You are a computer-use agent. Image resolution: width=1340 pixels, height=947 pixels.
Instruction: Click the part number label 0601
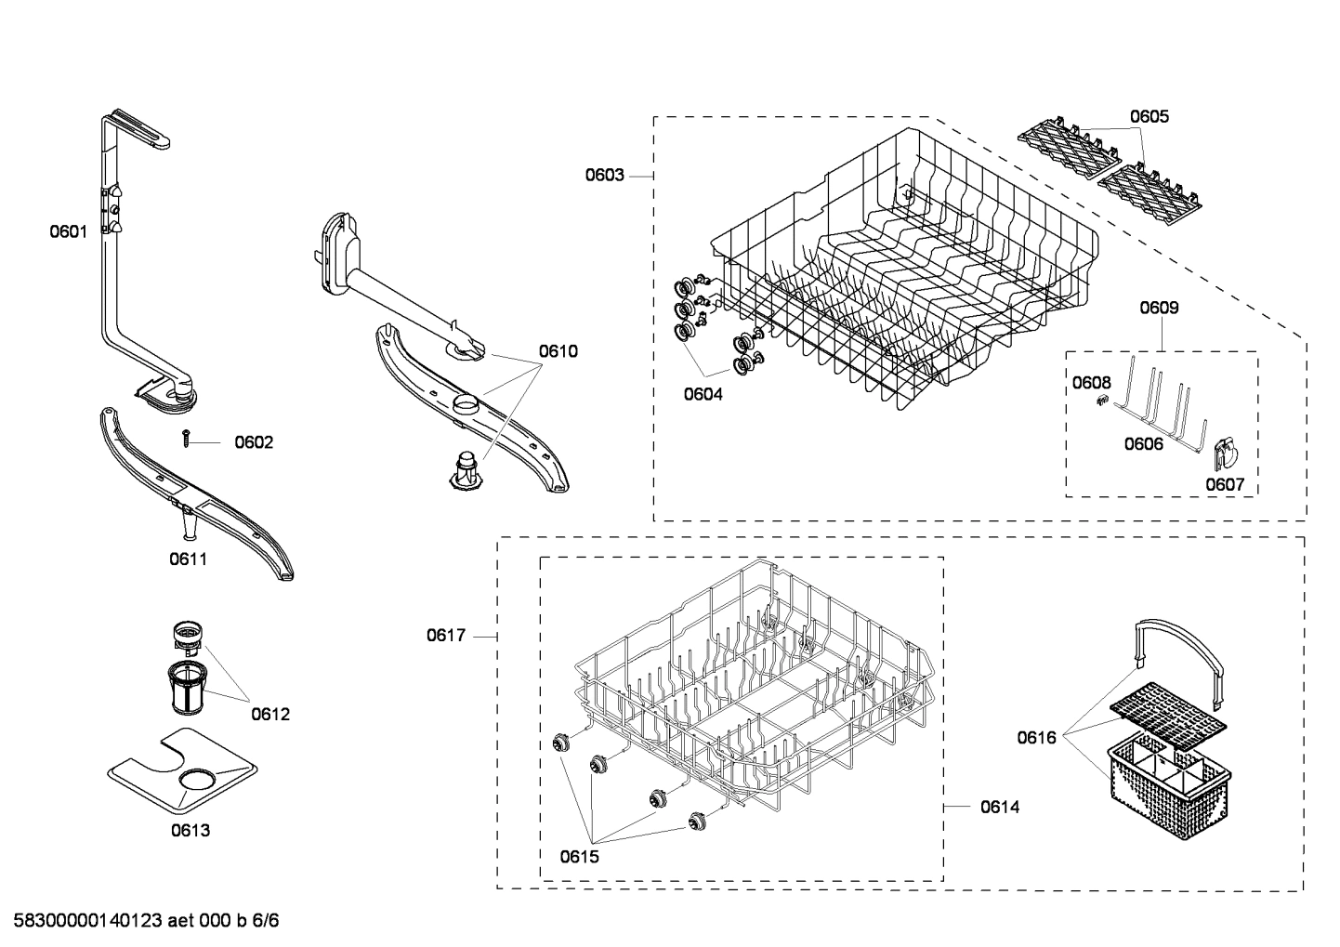pyautogui.click(x=68, y=231)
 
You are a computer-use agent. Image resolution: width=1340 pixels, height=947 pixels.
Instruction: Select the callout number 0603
pyautogui.click(x=604, y=175)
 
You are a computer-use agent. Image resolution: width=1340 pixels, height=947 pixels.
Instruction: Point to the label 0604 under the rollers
pyautogui.click(x=703, y=394)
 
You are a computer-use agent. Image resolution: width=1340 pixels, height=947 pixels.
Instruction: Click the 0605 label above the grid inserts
pyautogui.click(x=1150, y=116)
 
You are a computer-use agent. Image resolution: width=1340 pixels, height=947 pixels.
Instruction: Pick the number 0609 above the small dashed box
pyautogui.click(x=1159, y=308)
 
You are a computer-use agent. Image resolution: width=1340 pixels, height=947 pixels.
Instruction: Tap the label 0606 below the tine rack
pyautogui.click(x=1143, y=444)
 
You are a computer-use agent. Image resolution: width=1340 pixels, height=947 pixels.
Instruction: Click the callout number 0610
pyautogui.click(x=558, y=351)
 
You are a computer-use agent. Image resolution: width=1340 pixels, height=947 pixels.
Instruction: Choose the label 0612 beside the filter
pyautogui.click(x=270, y=714)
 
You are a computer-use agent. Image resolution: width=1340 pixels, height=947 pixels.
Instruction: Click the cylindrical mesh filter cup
pyautogui.click(x=189, y=689)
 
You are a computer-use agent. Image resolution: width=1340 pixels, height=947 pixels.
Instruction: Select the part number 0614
pyautogui.click(x=1000, y=807)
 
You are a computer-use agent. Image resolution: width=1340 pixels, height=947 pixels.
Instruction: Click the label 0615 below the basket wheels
pyautogui.click(x=580, y=857)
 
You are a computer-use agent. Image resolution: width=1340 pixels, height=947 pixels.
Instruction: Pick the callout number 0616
pyautogui.click(x=1036, y=738)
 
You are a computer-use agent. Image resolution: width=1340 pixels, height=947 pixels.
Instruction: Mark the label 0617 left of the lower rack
pyautogui.click(x=446, y=636)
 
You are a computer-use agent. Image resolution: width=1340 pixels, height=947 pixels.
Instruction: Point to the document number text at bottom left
pyautogui.click(x=140, y=921)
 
